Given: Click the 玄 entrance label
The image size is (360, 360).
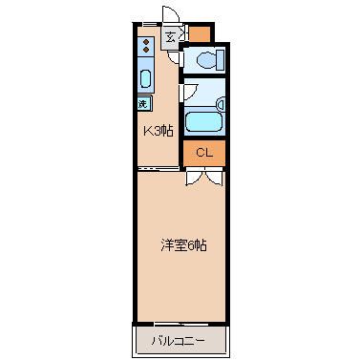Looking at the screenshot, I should click(x=170, y=39).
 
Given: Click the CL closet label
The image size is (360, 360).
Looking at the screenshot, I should click(x=204, y=152).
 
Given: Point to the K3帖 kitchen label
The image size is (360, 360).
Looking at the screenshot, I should click(x=158, y=130).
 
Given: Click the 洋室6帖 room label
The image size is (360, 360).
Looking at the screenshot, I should click(x=183, y=244).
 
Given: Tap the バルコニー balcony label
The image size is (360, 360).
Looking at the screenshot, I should click(x=180, y=340).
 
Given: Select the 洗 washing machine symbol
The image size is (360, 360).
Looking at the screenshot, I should click(x=143, y=103).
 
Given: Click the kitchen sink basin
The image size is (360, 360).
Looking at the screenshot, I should click(x=146, y=78).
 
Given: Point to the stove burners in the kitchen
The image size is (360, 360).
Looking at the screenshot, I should click(x=146, y=45).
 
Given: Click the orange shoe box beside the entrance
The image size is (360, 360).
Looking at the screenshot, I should click(x=200, y=35).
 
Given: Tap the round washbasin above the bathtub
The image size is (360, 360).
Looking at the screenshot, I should click(x=222, y=103).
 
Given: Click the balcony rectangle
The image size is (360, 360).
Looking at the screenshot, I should click(x=180, y=339).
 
